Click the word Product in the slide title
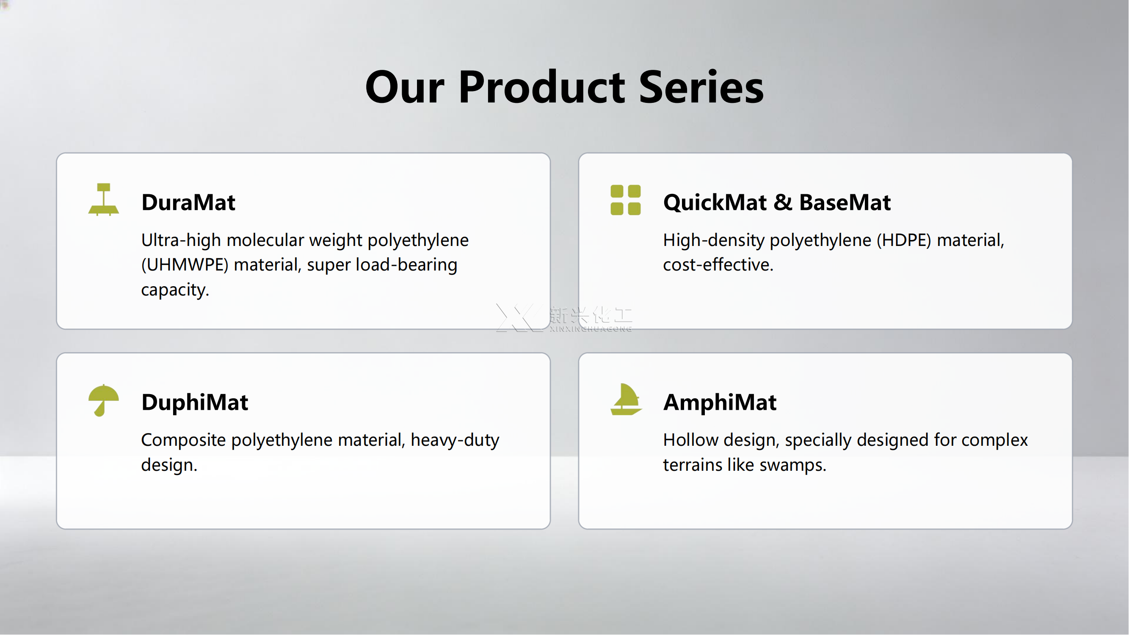point(542,87)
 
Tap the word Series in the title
point(701,87)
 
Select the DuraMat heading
point(188,202)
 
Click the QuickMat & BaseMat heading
point(777,202)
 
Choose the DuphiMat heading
point(195,402)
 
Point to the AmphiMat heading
point(720,402)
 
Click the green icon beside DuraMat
point(104,199)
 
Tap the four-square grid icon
point(626,200)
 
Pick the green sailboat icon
point(626,399)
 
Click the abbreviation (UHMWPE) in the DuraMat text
point(185,265)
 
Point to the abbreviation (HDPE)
point(904,240)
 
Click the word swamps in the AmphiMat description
point(793,465)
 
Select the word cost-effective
point(718,265)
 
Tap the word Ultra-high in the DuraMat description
point(181,240)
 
